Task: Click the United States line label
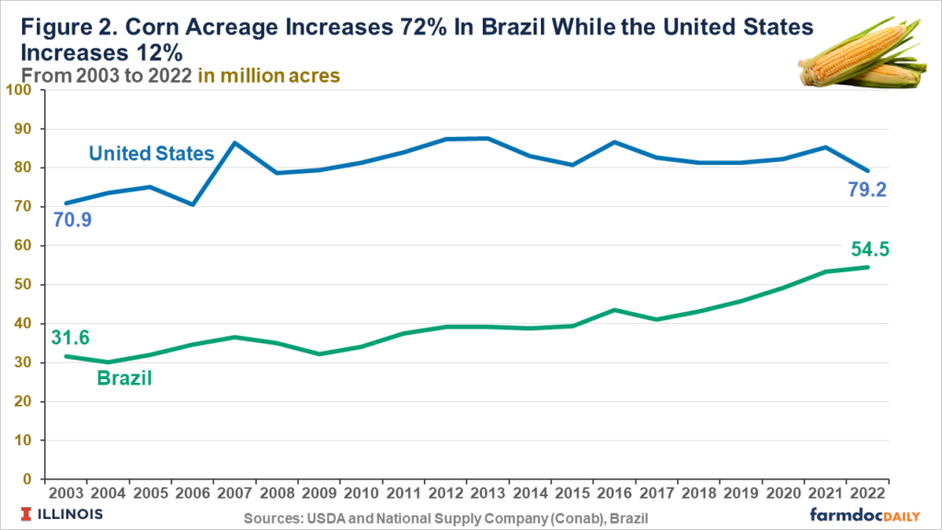click(153, 154)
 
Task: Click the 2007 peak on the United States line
click(235, 143)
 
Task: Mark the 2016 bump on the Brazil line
click(614, 310)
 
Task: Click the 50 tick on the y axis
click(22, 284)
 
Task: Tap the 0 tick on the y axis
click(27, 479)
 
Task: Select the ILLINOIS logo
click(60, 513)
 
